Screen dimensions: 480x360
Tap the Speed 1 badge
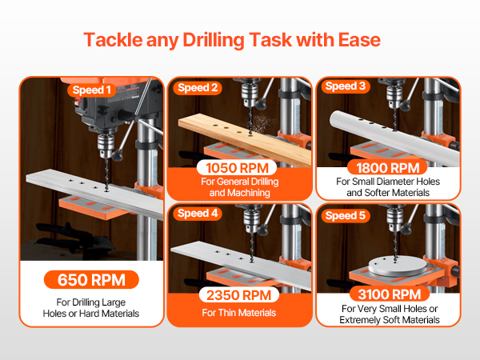tap(91, 90)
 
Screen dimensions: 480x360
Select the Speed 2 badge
tap(198, 88)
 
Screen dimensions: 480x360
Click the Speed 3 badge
tap(346, 86)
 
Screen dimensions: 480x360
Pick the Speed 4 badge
tap(198, 214)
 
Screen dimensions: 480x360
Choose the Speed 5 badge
tap(346, 215)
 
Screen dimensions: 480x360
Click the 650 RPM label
tap(91, 279)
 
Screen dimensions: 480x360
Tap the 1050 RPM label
tap(237, 168)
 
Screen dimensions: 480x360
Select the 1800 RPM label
tap(387, 168)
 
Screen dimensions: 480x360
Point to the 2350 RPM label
tap(238, 295)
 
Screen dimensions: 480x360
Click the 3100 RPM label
tap(390, 294)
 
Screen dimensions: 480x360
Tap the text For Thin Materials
tap(238, 313)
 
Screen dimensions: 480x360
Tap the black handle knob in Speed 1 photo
tap(118, 155)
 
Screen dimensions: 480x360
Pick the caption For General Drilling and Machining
tap(240, 187)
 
